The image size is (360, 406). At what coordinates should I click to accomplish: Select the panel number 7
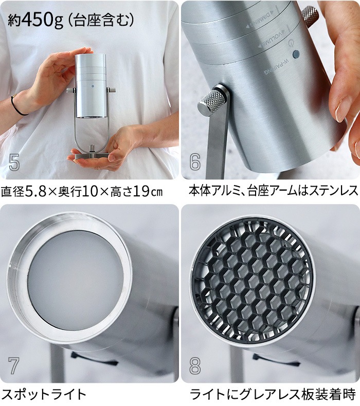(14, 365)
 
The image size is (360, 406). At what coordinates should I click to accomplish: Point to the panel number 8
(194, 365)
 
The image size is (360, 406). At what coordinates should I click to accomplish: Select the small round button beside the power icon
(295, 54)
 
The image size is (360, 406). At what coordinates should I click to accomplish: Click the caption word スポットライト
(44, 394)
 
